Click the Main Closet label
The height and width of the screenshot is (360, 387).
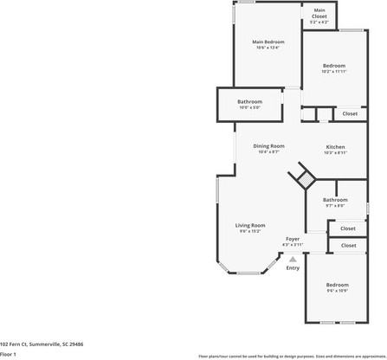pyautogui.click(x=319, y=10)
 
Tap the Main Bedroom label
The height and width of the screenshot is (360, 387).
pyautogui.click(x=268, y=42)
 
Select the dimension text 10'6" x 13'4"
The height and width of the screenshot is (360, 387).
pyautogui.click(x=268, y=48)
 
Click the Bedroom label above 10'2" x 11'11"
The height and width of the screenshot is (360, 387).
pyautogui.click(x=334, y=66)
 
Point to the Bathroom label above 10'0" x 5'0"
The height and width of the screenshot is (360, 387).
pyautogui.click(x=250, y=101)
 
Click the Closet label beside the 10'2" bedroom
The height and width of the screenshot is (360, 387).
pyautogui.click(x=350, y=113)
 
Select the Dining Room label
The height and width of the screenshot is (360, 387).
pyautogui.click(x=268, y=146)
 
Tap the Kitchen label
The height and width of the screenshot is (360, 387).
pyautogui.click(x=336, y=147)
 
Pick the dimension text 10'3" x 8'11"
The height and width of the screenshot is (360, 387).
pyautogui.click(x=336, y=153)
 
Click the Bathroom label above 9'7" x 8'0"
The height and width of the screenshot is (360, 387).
pyautogui.click(x=335, y=200)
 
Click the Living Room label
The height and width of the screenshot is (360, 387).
pyautogui.click(x=250, y=225)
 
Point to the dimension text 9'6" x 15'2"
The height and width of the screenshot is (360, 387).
pyautogui.click(x=250, y=231)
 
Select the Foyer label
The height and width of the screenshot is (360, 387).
pyautogui.click(x=293, y=239)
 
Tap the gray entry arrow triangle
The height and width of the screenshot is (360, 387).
pyautogui.click(x=293, y=258)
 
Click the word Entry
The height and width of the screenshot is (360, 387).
pyautogui.click(x=293, y=267)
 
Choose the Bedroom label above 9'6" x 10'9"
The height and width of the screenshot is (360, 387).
pyautogui.click(x=337, y=285)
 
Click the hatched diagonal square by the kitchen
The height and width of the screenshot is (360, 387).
pyautogui.click(x=304, y=178)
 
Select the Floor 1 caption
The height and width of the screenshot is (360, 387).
pyautogui.click(x=9, y=354)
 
